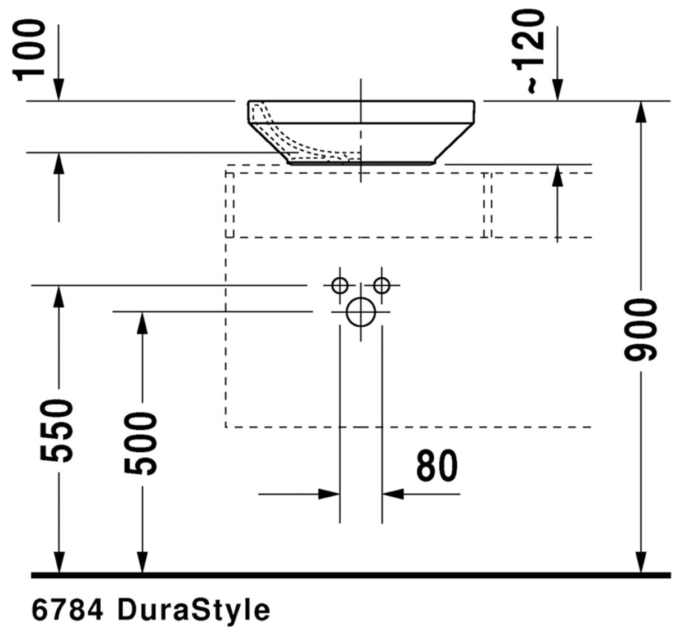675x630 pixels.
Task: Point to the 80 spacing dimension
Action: [437, 466]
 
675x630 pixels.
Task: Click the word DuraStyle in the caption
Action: [194, 609]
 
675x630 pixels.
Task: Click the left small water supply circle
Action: [340, 285]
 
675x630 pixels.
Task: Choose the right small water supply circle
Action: [382, 285]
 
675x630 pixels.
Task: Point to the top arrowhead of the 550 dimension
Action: [58, 297]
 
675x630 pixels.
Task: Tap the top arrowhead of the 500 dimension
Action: [142, 323]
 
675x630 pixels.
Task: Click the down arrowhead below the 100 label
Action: [58, 90]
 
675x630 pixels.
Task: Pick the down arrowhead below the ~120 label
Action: [557, 90]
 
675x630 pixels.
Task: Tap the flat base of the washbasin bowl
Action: [361, 162]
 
